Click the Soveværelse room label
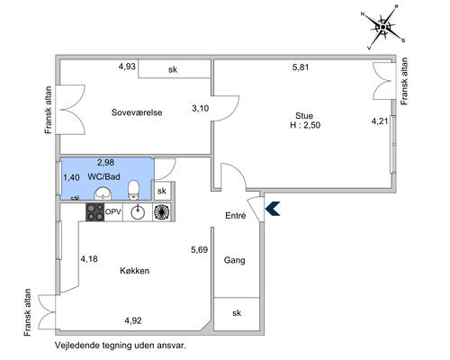click(x=137, y=112)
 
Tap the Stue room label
click(x=304, y=116)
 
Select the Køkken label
click(x=135, y=271)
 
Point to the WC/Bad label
click(x=103, y=176)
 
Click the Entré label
click(x=236, y=215)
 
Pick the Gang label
click(x=234, y=260)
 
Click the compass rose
click(x=383, y=27)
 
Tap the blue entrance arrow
click(x=273, y=209)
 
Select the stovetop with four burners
click(x=94, y=212)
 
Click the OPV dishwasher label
click(x=113, y=212)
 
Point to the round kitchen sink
click(x=138, y=212)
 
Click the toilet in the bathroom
click(x=133, y=190)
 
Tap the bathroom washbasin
click(x=103, y=193)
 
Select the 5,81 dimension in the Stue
click(x=301, y=67)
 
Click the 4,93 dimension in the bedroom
click(x=127, y=67)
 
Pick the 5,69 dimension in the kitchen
click(x=200, y=249)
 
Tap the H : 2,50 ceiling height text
click(x=305, y=125)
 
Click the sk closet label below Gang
click(x=237, y=313)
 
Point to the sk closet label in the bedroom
click(x=173, y=69)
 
